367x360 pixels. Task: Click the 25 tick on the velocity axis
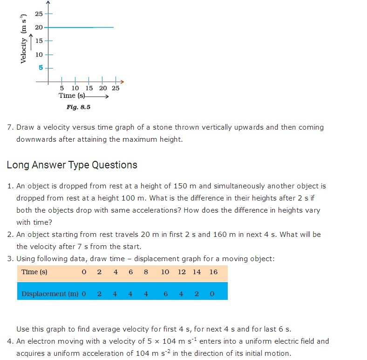[x=39, y=14]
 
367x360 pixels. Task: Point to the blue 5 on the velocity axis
[x=40, y=68]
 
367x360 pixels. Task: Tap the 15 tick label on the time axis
[x=89, y=88]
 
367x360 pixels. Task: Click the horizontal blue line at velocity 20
[x=79, y=28]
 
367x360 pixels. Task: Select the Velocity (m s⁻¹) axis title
[x=23, y=41]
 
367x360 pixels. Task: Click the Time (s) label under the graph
[x=72, y=96]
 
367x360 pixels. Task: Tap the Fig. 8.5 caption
[x=78, y=107]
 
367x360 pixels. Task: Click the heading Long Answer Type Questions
[x=72, y=165]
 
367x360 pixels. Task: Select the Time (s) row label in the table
[x=34, y=272]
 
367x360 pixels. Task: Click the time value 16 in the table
[x=213, y=272]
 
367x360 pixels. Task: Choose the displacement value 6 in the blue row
[x=165, y=294]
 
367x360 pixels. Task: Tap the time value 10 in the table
[x=165, y=272]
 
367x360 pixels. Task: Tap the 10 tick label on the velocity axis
[x=39, y=55]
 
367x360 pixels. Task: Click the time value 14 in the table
[x=197, y=272]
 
